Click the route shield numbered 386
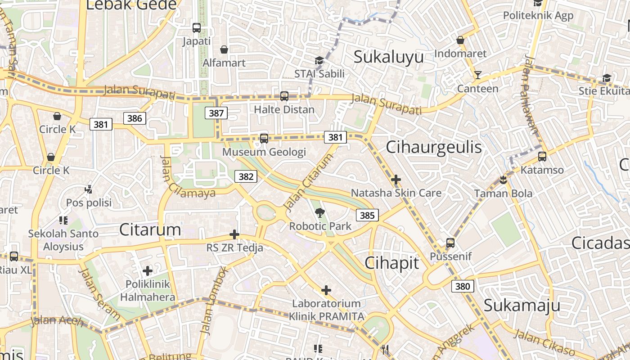135,118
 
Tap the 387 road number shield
216,113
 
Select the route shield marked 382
246,176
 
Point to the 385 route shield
367,215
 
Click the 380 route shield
462,286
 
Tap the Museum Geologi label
264,152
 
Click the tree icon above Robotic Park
320,212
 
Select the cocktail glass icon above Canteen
477,75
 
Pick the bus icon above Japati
197,28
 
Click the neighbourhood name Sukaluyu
389,58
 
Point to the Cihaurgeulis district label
434,147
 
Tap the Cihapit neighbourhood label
392,263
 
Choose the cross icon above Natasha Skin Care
396,180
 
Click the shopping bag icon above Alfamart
224,49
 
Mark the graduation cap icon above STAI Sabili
319,61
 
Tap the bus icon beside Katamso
542,157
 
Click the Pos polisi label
89,202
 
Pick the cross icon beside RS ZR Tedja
234,234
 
